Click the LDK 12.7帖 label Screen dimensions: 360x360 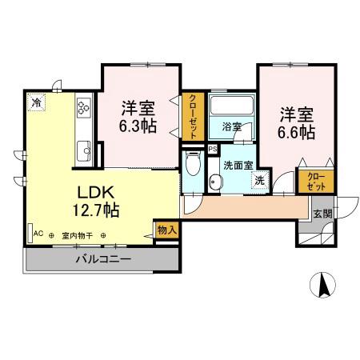[x=98, y=202]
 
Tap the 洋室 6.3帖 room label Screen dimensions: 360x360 [x=138, y=117]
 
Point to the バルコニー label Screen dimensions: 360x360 [x=103, y=258]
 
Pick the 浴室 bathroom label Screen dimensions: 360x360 [x=232, y=126]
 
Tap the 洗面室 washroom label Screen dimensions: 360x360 [x=238, y=166]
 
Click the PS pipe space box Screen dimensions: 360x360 [x=212, y=149]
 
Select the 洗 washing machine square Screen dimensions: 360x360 [x=259, y=181]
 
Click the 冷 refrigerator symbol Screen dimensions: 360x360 [x=37, y=102]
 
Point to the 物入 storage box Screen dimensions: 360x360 [x=167, y=229]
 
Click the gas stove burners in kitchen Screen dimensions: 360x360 [x=83, y=107]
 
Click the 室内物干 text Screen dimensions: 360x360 [x=78, y=235]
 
